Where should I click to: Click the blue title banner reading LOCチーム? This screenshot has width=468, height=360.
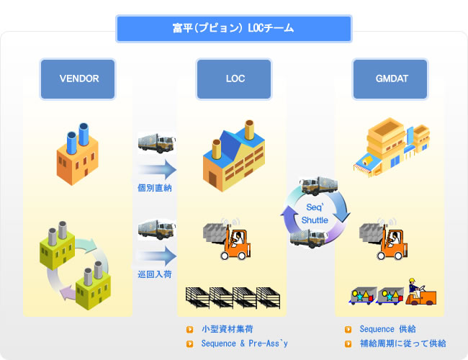coord(234,29)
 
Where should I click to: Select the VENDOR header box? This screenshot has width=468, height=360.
coord(78,78)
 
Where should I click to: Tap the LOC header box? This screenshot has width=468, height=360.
coord(234,78)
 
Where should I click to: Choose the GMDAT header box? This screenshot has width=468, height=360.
coord(390,78)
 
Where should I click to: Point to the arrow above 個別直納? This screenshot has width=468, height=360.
coord(157,169)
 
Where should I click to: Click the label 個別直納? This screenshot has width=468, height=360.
coord(155,188)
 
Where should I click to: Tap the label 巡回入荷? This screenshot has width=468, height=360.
coord(155,274)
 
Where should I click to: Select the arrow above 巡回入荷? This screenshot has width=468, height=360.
coord(157,256)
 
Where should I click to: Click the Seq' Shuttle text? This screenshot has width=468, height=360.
coord(315,214)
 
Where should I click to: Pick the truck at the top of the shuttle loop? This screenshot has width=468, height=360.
coord(318,185)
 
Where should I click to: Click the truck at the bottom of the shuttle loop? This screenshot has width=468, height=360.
coord(309,238)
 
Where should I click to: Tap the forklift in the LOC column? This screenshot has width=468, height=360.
coord(227,239)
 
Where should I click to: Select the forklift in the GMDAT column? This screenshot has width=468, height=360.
coord(383,239)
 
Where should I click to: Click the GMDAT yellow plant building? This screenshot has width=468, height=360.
coord(392,147)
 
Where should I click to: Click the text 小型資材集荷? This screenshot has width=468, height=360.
coord(228,329)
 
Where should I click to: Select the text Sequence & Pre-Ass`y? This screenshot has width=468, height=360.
coord(245,343)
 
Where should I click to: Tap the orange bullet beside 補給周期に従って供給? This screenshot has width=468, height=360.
coord(348,344)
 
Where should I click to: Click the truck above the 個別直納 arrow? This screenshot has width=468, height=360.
coord(157,143)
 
